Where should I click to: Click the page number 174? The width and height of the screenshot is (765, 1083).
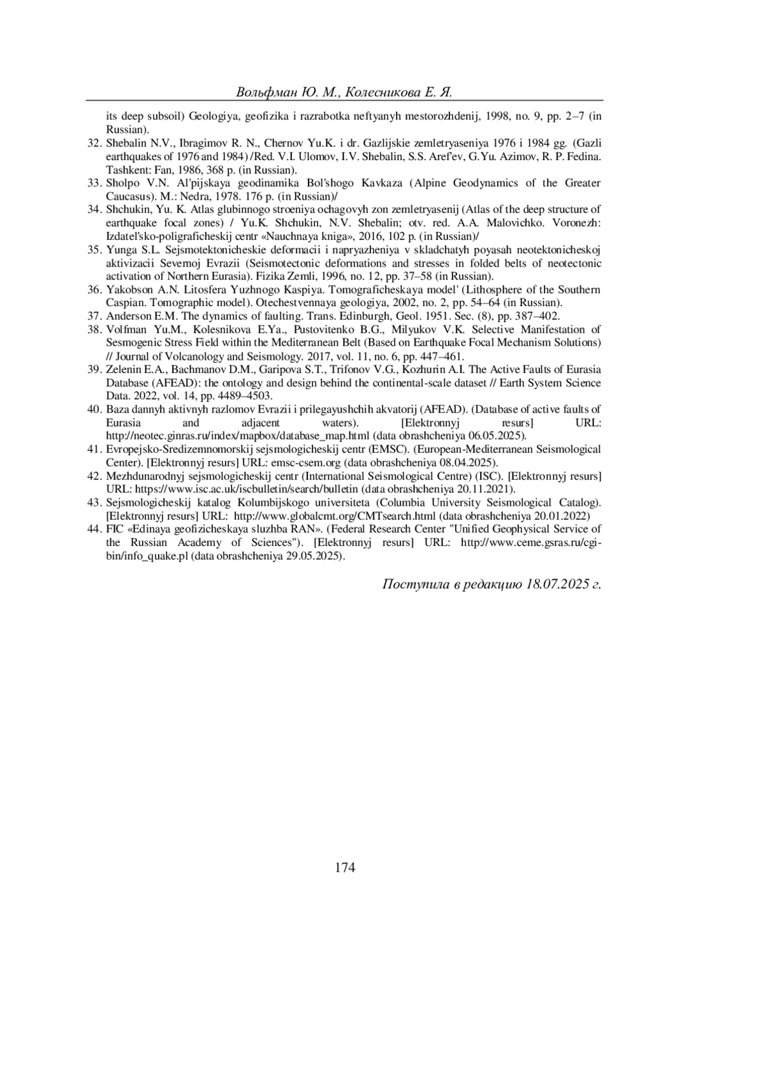pos(344,867)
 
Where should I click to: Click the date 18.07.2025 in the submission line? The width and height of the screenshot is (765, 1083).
pos(556,584)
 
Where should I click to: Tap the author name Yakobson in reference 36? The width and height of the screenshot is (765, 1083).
pos(128,290)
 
